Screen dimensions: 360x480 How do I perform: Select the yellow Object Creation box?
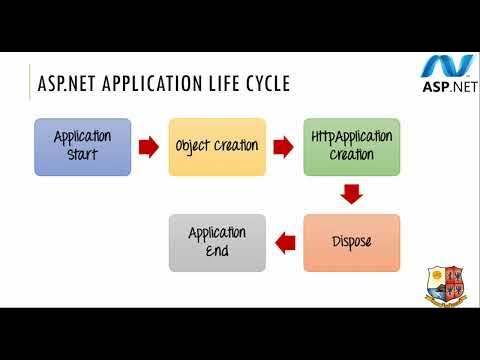(x=217, y=146)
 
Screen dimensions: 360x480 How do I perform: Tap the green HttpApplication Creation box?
(x=351, y=146)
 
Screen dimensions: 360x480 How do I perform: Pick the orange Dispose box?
(x=351, y=242)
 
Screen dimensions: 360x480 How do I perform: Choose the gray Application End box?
(x=217, y=242)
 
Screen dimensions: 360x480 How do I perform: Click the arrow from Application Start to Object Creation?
(x=149, y=147)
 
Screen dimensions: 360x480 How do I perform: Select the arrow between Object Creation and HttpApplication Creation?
(x=283, y=147)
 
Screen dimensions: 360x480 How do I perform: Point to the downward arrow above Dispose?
(x=351, y=194)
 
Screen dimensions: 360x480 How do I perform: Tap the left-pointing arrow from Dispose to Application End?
(x=285, y=242)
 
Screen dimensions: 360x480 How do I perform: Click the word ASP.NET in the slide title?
(x=72, y=84)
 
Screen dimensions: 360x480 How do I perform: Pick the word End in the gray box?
(x=217, y=251)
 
